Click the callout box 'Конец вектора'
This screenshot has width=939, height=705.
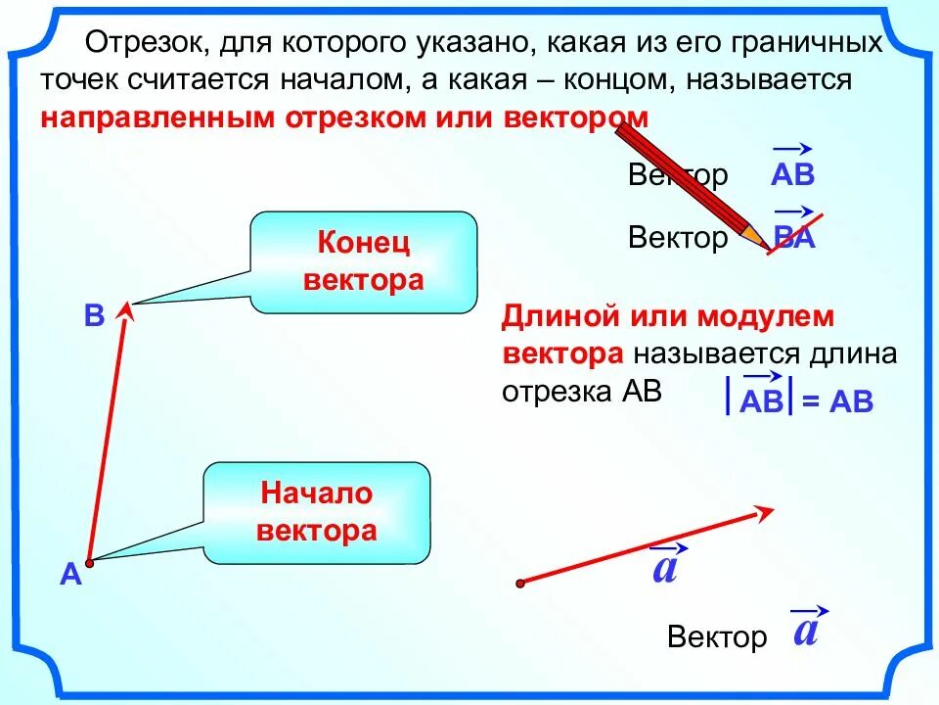(363, 261)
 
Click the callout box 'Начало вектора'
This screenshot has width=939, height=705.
(316, 512)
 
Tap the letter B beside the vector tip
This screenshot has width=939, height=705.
(94, 316)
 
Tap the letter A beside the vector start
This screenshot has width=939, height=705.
(69, 577)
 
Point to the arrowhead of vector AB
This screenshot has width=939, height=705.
(124, 310)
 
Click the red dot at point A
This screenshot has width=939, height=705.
(88, 563)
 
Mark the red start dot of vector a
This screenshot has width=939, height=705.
(520, 583)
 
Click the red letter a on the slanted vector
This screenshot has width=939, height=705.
(665, 567)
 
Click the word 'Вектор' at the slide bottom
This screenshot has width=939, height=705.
(717, 637)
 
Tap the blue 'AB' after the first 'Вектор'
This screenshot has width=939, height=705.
(792, 175)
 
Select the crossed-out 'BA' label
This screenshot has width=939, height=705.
(793, 238)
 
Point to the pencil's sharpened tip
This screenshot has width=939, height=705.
(764, 244)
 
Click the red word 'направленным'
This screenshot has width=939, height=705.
(156, 117)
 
